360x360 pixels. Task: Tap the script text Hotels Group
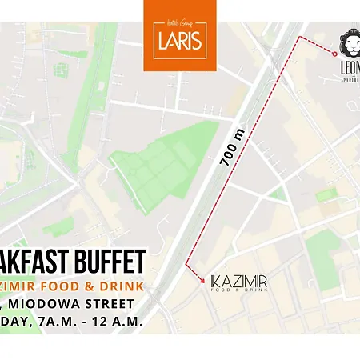179,25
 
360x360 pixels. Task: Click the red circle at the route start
334,52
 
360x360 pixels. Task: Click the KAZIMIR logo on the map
238,282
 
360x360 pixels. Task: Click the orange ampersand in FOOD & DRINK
86,285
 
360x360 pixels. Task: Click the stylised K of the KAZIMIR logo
214,282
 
